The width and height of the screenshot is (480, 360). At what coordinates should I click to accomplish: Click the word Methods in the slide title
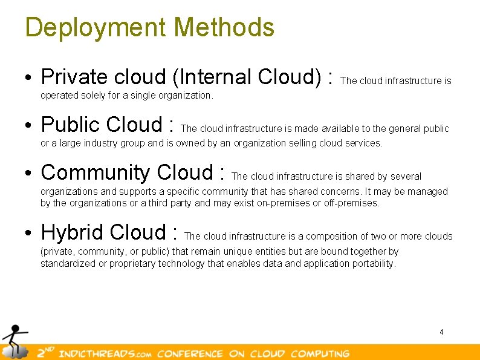pyautogui.click(x=224, y=27)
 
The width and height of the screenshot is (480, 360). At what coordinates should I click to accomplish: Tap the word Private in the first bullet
pyautogui.click(x=74, y=77)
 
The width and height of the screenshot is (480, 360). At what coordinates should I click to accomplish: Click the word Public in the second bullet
pyautogui.click(x=70, y=125)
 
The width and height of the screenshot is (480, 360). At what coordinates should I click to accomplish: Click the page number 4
pyautogui.click(x=441, y=332)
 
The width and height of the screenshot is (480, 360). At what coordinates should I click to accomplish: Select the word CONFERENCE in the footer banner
pyautogui.click(x=190, y=353)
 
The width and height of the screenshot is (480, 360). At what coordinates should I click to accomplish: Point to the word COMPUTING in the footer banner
pyautogui.click(x=320, y=353)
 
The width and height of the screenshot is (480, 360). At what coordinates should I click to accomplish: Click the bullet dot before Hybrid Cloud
pyautogui.click(x=29, y=234)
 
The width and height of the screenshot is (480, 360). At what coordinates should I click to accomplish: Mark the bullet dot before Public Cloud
pyautogui.click(x=29, y=126)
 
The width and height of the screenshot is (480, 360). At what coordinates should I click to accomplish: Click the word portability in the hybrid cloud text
pyautogui.click(x=375, y=263)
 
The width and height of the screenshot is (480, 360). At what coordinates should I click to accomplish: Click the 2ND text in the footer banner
pyautogui.click(x=45, y=353)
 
